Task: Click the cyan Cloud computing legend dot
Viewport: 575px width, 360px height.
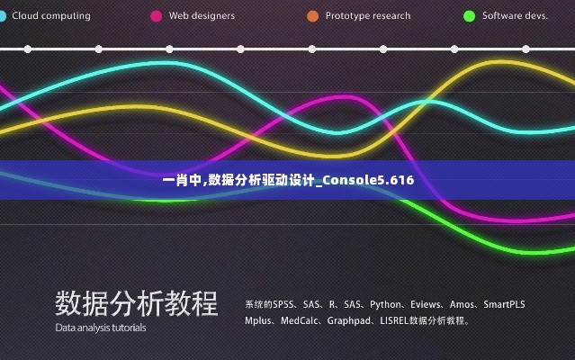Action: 3,16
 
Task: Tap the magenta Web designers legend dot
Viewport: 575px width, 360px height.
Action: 157,16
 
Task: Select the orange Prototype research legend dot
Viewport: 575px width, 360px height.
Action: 312,16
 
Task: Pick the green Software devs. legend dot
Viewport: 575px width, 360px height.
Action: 469,16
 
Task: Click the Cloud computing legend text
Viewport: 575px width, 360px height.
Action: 51,16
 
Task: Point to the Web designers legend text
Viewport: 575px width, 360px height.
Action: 202,16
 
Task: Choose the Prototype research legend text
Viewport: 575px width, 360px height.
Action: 367,16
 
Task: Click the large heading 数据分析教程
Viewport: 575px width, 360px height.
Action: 136,303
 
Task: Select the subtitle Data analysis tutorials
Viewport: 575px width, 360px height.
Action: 100,328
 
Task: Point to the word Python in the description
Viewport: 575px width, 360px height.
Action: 386,304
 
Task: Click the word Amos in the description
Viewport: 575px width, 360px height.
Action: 463,304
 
